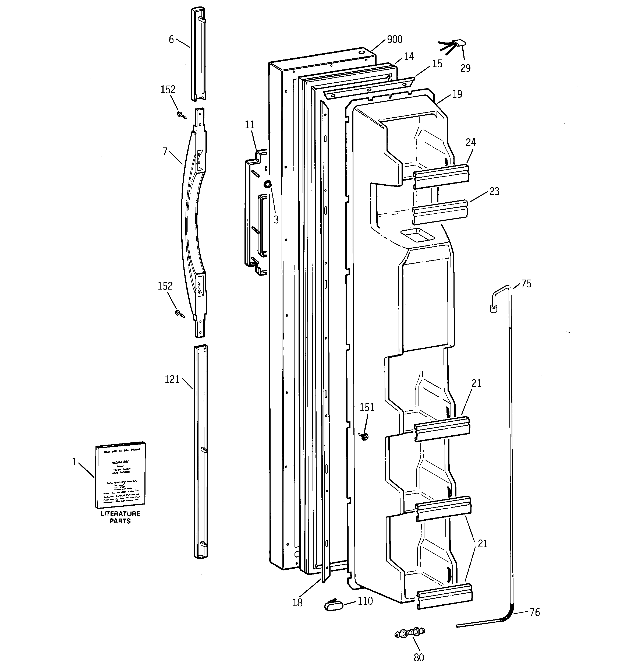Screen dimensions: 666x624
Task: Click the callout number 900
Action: [x=395, y=40]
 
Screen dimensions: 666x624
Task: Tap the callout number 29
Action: [x=465, y=68]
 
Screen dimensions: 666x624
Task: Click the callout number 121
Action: [x=172, y=380]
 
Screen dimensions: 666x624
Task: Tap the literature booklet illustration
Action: [x=120, y=475]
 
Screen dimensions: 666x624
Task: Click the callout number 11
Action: [x=250, y=125]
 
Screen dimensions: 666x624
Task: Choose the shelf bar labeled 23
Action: [x=439, y=212]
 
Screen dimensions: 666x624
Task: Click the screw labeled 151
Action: [x=365, y=436]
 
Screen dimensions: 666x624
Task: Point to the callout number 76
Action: [x=535, y=612]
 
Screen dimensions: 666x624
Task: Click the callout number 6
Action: [x=171, y=40]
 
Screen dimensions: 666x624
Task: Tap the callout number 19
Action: [x=457, y=94]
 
